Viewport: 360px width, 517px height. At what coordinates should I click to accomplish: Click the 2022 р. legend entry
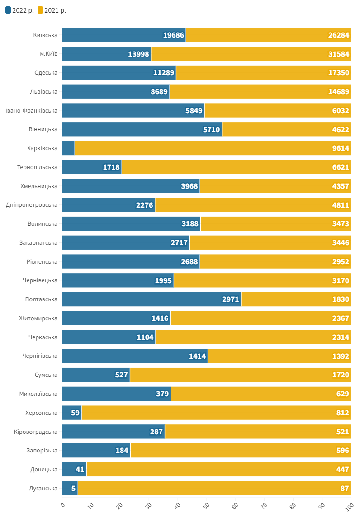[x=20, y=10]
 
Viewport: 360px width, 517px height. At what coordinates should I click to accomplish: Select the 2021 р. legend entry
[x=52, y=10]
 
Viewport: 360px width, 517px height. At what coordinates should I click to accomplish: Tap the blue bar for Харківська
[x=69, y=148]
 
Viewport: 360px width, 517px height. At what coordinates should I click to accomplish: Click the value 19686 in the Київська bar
[x=173, y=35]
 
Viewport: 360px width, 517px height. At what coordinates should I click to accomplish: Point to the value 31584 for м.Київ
[x=339, y=54]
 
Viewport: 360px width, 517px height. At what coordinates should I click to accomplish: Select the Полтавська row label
[x=41, y=299]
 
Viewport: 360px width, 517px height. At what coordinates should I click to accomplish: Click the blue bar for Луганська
[x=70, y=489]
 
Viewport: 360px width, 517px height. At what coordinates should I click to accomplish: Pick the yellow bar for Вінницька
[x=286, y=129]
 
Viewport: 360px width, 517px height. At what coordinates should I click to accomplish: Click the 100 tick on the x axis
[x=349, y=507]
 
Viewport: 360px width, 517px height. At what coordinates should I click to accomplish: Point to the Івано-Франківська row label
[x=31, y=111]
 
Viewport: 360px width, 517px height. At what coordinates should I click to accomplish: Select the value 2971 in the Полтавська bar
[x=231, y=299]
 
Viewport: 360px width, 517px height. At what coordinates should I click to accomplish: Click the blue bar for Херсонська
[x=72, y=413]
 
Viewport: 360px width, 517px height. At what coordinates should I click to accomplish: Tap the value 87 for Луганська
[x=345, y=489]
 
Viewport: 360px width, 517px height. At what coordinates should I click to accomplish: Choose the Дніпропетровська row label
[x=32, y=205]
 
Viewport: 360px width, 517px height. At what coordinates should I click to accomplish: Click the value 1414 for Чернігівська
[x=197, y=356]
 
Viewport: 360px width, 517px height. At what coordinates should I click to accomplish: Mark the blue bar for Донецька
[x=74, y=469]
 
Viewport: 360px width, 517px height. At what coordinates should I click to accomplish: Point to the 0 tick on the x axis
[x=62, y=505]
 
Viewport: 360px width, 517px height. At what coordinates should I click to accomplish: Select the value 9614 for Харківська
[x=341, y=148]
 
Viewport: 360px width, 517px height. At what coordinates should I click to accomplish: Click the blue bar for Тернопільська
[x=92, y=167]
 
